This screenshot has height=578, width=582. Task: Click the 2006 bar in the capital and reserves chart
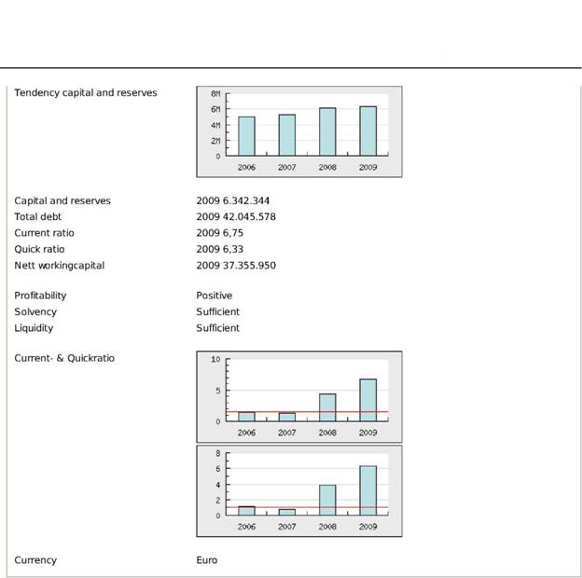(246, 136)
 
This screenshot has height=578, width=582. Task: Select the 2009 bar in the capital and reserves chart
(368, 131)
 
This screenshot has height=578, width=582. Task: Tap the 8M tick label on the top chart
(215, 94)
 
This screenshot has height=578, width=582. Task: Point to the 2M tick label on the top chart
(215, 140)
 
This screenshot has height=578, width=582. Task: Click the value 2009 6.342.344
(233, 200)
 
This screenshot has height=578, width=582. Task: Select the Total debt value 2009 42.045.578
(236, 216)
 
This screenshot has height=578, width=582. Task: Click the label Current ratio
(44, 233)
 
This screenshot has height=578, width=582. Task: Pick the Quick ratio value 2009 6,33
(220, 249)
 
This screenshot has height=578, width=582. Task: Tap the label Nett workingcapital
(59, 265)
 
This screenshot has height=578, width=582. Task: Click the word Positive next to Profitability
(215, 296)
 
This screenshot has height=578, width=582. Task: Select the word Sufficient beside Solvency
(217, 311)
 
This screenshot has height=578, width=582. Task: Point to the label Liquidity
(34, 328)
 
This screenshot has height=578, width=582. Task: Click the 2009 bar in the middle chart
(368, 400)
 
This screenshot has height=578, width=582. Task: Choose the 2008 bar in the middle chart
(327, 407)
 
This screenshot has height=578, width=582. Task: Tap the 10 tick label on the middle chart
(215, 359)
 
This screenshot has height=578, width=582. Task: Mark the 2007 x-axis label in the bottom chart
(286, 527)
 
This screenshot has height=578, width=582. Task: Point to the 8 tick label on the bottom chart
(217, 454)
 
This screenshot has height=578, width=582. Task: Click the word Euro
(207, 560)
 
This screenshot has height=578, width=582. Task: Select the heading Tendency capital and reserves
(86, 93)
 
